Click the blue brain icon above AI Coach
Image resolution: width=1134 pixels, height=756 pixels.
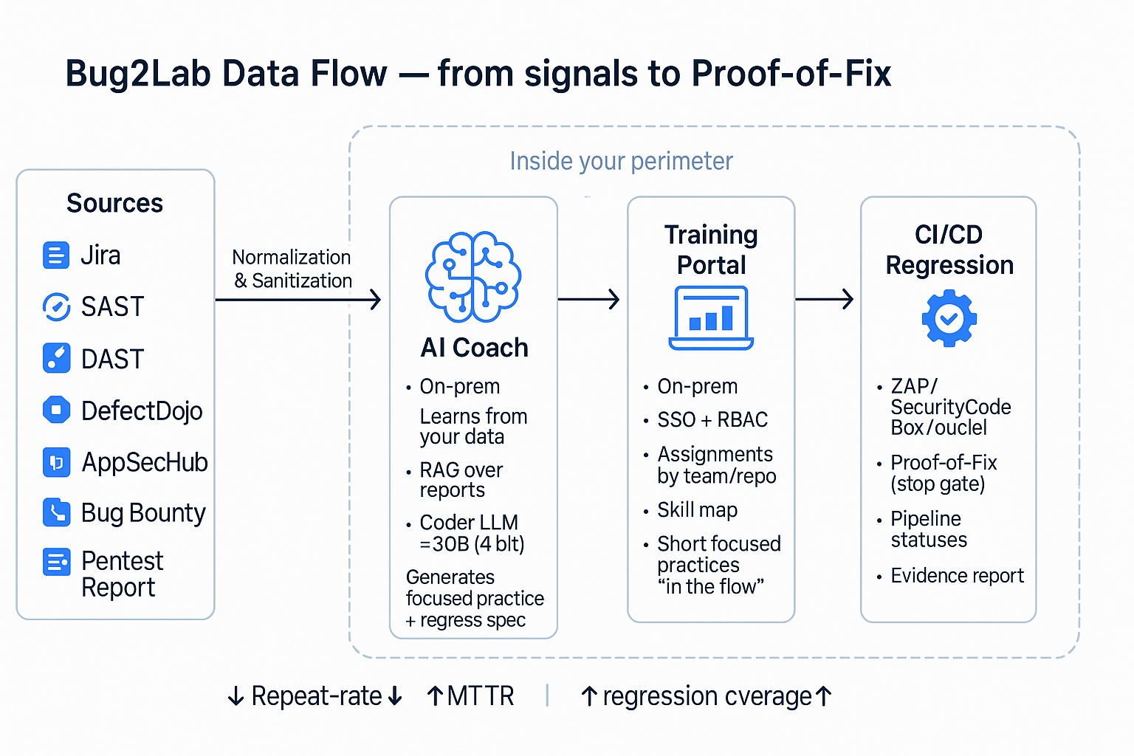pyautogui.click(x=473, y=277)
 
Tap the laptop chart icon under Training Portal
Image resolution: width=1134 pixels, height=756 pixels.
pyautogui.click(x=711, y=318)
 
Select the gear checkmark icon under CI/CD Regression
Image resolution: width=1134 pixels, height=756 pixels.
pyautogui.click(x=949, y=318)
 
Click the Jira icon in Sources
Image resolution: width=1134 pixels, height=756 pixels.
pyautogui.click(x=56, y=255)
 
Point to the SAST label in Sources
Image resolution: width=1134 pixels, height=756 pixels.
pyautogui.click(x=112, y=307)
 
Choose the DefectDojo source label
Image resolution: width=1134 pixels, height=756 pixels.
pyautogui.click(x=142, y=410)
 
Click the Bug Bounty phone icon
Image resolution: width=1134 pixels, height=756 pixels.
pyautogui.click(x=56, y=512)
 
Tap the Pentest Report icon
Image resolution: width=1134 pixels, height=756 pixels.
pyautogui.click(x=56, y=563)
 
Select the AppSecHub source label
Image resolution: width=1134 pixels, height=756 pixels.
pyautogui.click(x=145, y=462)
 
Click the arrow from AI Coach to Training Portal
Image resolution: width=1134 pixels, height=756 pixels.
pyautogui.click(x=588, y=300)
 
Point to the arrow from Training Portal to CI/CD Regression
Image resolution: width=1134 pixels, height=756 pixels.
pyautogui.click(x=825, y=300)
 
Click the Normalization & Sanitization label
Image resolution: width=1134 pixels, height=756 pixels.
pyautogui.click(x=292, y=269)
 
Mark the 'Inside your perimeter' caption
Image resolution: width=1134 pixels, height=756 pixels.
pyautogui.click(x=621, y=161)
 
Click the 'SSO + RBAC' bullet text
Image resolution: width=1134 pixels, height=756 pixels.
pyautogui.click(x=712, y=419)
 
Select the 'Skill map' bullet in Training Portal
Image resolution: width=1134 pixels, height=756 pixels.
pyautogui.click(x=697, y=510)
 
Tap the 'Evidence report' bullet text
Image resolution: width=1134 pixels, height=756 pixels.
pyautogui.click(x=957, y=576)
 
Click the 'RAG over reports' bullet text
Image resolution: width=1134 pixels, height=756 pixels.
pyautogui.click(x=461, y=480)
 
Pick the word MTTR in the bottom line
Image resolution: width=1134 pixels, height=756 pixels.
pyautogui.click(x=480, y=696)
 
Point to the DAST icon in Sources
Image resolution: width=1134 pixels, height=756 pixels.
pyautogui.click(x=56, y=358)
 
